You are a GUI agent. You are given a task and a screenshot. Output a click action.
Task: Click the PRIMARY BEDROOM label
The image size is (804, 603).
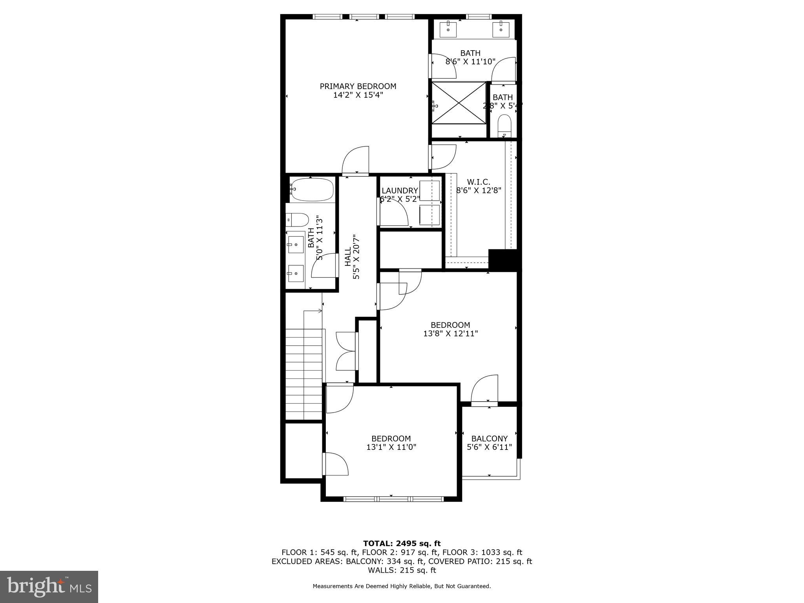[x=358, y=86]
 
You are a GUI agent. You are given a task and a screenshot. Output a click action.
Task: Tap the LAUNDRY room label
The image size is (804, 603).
[x=400, y=191]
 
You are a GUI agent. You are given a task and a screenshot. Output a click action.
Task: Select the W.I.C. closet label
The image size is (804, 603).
[x=479, y=182]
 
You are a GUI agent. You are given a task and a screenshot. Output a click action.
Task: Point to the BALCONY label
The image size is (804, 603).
[x=490, y=439]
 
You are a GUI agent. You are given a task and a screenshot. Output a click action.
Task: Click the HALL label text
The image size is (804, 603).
[x=348, y=257]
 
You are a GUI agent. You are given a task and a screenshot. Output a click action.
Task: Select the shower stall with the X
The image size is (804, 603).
[x=459, y=102]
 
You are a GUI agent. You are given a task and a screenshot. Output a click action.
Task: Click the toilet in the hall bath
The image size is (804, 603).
[x=297, y=220]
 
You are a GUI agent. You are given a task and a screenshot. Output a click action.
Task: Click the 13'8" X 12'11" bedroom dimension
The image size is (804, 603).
[x=450, y=334]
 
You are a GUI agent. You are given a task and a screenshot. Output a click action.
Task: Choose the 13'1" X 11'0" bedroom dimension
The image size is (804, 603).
[x=391, y=447]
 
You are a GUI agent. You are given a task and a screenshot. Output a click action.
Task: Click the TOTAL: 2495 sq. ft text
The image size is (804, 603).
[x=402, y=543]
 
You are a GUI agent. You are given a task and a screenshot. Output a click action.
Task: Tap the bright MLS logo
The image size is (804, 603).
[x=49, y=587]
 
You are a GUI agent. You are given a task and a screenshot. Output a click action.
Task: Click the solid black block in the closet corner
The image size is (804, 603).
[x=504, y=259]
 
